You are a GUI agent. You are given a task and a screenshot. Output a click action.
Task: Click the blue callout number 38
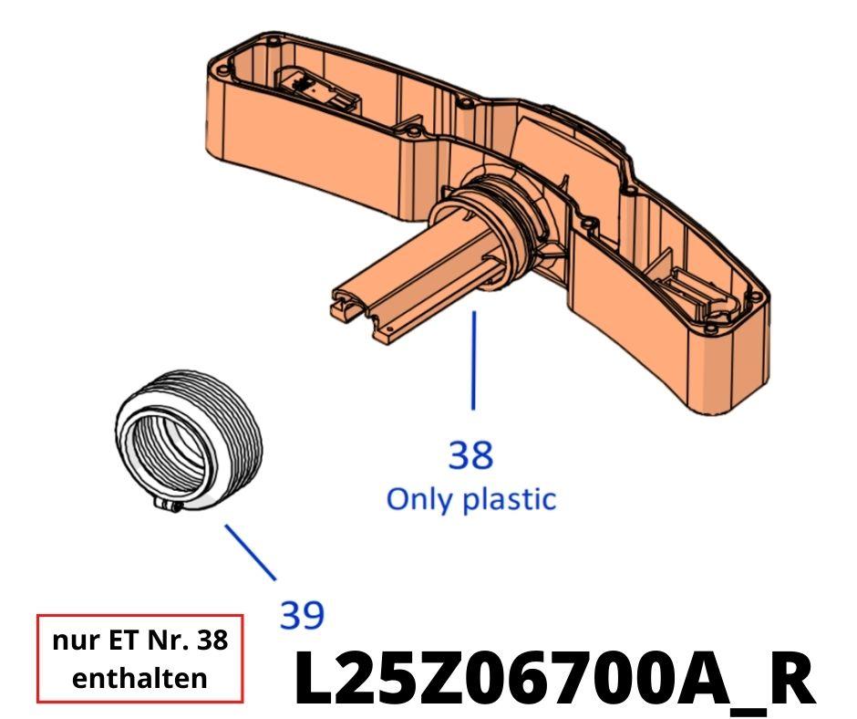click(470, 453)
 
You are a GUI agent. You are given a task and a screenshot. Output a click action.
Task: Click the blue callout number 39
click(301, 615)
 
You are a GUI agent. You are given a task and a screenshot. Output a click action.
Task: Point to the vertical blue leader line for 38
click(472, 360)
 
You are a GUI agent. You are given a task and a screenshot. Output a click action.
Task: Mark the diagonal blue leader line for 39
click(250, 552)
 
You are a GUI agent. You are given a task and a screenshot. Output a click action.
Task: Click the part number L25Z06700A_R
click(552, 679)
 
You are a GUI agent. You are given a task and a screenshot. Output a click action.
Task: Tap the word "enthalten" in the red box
click(139, 678)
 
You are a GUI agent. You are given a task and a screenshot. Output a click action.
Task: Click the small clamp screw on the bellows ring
click(171, 505)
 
